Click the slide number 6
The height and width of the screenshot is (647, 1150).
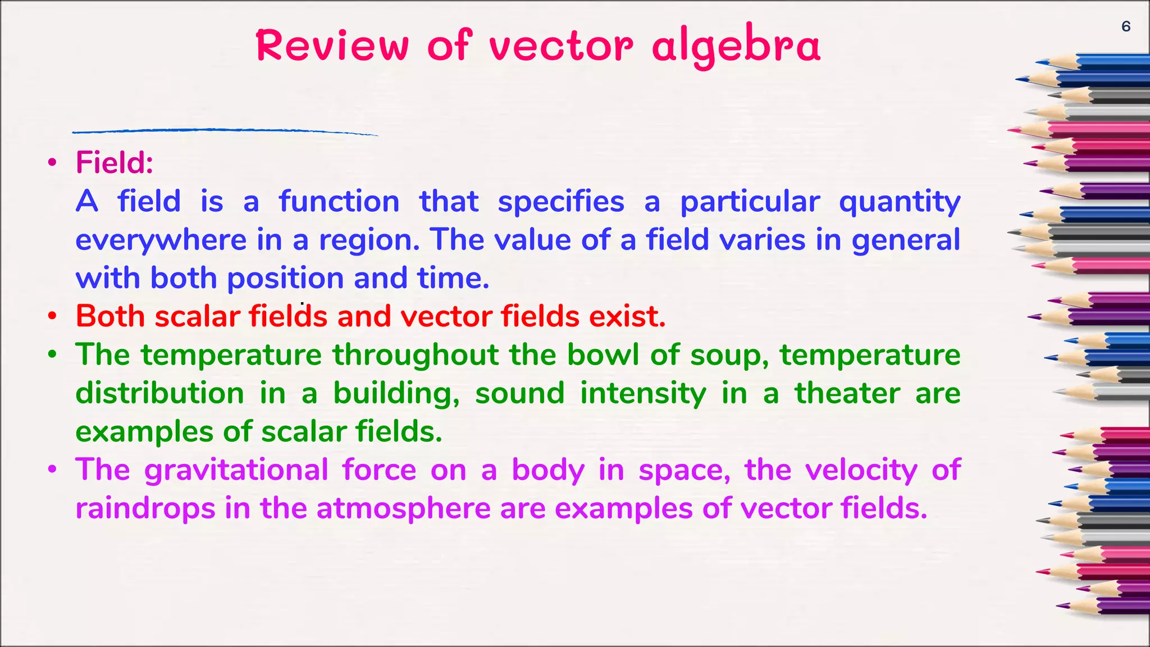(1126, 26)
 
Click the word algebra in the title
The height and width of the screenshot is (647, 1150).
(736, 46)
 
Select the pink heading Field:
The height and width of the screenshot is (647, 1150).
(115, 163)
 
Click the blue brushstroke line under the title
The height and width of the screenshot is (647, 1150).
(225, 131)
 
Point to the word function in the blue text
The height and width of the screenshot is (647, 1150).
(339, 202)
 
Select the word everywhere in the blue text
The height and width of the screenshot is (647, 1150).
(161, 241)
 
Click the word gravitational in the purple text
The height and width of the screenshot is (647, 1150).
(236, 471)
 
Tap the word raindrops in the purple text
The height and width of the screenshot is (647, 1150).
(145, 508)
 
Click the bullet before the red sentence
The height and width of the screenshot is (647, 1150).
(52, 316)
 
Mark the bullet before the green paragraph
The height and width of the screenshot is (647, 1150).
(52, 355)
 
